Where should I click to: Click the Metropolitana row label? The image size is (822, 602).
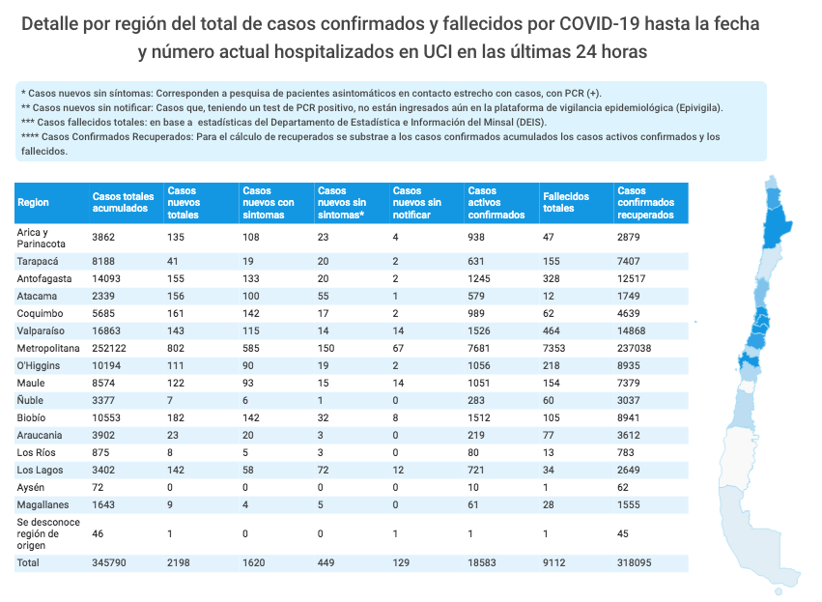tap(48, 348)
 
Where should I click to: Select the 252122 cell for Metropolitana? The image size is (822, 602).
tap(108, 348)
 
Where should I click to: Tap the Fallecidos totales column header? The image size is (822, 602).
tap(566, 202)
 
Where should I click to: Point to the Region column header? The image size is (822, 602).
tap(33, 202)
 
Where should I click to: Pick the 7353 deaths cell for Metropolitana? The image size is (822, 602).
tap(557, 348)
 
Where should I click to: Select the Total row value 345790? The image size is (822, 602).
tap(108, 562)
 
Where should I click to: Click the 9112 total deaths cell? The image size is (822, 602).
tap(554, 562)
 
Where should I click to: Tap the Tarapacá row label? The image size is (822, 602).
tap(39, 261)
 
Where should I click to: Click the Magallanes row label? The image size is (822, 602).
tap(43, 504)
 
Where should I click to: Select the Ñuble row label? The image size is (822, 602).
tap(32, 400)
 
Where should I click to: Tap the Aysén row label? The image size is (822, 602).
tap(32, 487)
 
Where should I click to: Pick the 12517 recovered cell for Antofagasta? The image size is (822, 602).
tap(634, 278)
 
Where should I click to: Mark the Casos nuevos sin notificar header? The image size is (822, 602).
tap(417, 202)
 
